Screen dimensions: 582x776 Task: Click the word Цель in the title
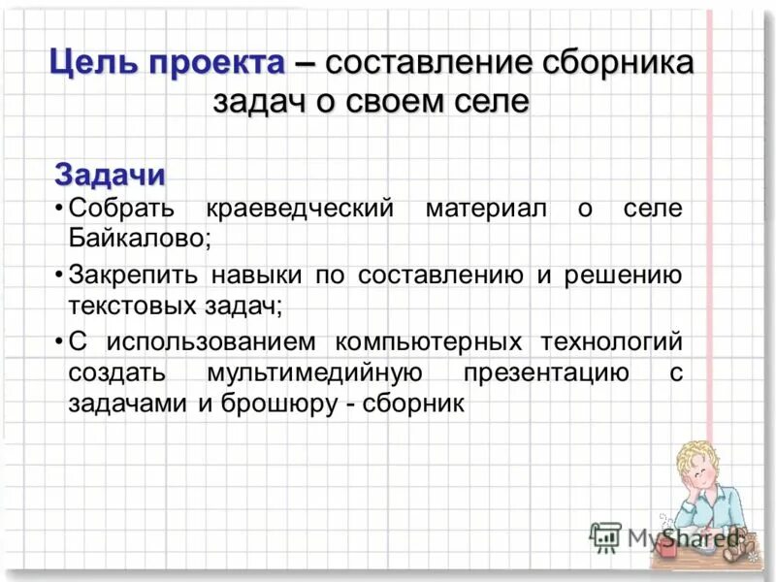pos(92,65)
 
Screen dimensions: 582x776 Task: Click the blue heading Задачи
pos(110,176)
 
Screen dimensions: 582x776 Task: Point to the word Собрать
pos(120,209)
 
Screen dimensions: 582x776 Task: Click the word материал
pos(485,209)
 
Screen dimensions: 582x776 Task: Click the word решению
pos(622,275)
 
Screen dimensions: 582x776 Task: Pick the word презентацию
pos(545,373)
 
